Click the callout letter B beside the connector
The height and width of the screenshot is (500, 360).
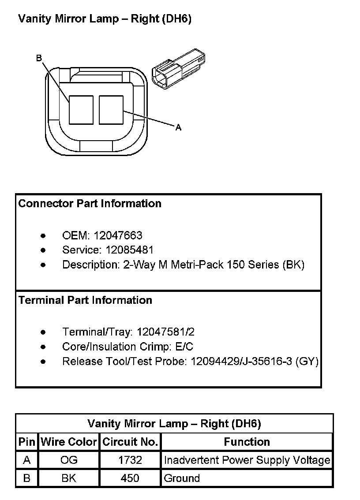point(39,58)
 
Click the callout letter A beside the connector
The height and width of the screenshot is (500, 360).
point(178,127)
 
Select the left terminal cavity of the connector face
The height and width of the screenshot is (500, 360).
point(81,110)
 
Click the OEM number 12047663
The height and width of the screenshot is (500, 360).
point(118,235)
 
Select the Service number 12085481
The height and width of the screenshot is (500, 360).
point(130,250)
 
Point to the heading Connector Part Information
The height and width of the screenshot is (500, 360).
point(90,204)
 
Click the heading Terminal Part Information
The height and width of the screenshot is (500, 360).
point(86,300)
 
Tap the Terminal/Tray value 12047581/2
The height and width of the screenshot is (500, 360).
point(166,332)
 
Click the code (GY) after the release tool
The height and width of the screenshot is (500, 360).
point(307,362)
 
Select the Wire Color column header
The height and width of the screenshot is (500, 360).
point(69,442)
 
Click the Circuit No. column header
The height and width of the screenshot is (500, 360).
point(130,442)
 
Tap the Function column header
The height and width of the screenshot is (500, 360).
point(247,442)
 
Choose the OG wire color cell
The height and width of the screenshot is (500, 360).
point(69,460)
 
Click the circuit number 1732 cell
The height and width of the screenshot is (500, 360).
point(130,460)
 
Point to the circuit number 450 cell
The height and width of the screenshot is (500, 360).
point(130,478)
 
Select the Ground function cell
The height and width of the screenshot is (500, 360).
point(182,478)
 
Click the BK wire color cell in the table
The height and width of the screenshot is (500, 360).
point(69,478)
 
